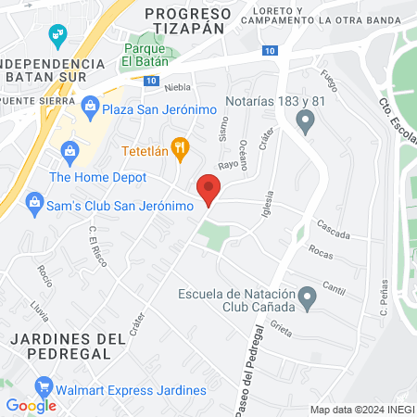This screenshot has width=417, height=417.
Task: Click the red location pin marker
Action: tap(208, 189)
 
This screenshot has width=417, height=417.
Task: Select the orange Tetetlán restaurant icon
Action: tap(182, 146)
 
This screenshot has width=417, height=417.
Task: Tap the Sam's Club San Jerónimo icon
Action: tap(34, 201)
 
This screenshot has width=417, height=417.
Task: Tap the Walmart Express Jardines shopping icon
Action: tap(42, 385)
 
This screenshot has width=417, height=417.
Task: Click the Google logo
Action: tap(31, 405)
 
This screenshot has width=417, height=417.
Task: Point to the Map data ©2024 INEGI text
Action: tap(360, 410)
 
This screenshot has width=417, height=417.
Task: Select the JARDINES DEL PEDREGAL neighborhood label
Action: tap(68, 345)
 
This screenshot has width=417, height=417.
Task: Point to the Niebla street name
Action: tap(177, 87)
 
